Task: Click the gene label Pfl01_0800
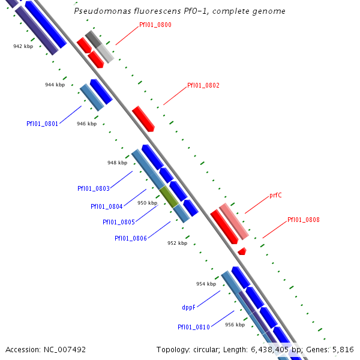point(155,25)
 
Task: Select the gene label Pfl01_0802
point(203,85)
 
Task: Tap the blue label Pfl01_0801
point(42,124)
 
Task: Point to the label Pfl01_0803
point(93,188)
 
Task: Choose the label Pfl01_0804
point(107,206)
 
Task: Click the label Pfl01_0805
point(118,222)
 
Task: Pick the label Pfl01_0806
point(131,238)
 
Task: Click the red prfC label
point(275,196)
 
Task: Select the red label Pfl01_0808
point(303,220)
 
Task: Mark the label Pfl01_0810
point(193,327)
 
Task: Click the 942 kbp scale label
point(23,46)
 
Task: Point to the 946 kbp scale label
point(86,124)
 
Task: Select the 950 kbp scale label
point(147,203)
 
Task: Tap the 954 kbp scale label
point(206,284)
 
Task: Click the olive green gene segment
point(169,196)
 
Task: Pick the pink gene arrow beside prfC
point(233,220)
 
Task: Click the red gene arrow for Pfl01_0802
point(143,118)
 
